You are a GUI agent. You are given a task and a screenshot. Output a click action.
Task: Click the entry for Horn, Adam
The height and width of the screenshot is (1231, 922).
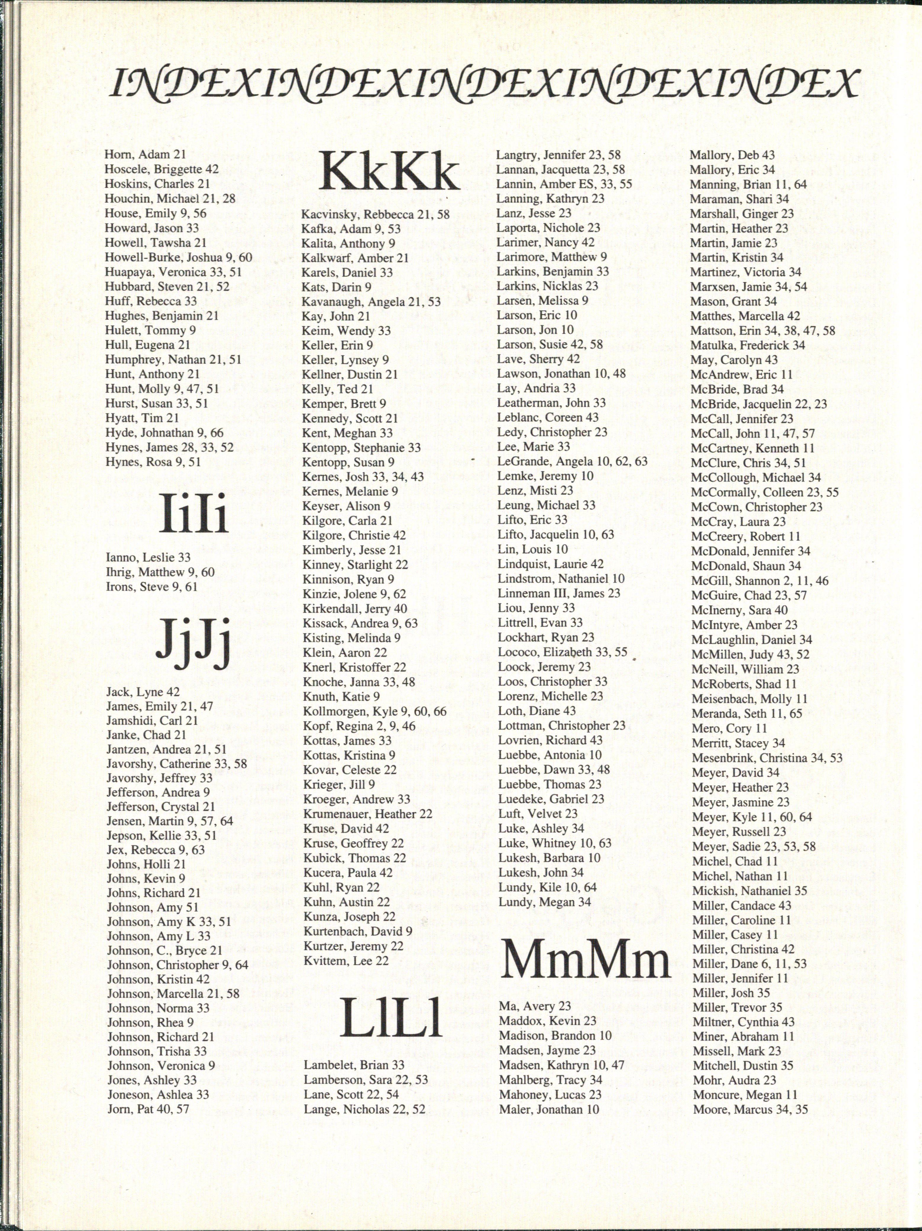click(x=145, y=155)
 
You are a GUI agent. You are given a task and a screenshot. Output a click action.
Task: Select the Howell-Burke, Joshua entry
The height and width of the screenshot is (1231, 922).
click(x=178, y=257)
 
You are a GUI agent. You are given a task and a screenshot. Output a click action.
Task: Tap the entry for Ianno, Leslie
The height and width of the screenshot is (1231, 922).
click(x=148, y=557)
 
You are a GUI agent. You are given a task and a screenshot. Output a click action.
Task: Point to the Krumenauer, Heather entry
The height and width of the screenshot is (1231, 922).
click(x=367, y=814)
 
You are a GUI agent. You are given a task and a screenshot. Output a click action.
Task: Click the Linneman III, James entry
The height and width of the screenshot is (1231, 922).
click(x=559, y=593)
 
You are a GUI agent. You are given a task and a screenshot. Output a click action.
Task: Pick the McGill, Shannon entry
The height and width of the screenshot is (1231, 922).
click(x=760, y=580)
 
